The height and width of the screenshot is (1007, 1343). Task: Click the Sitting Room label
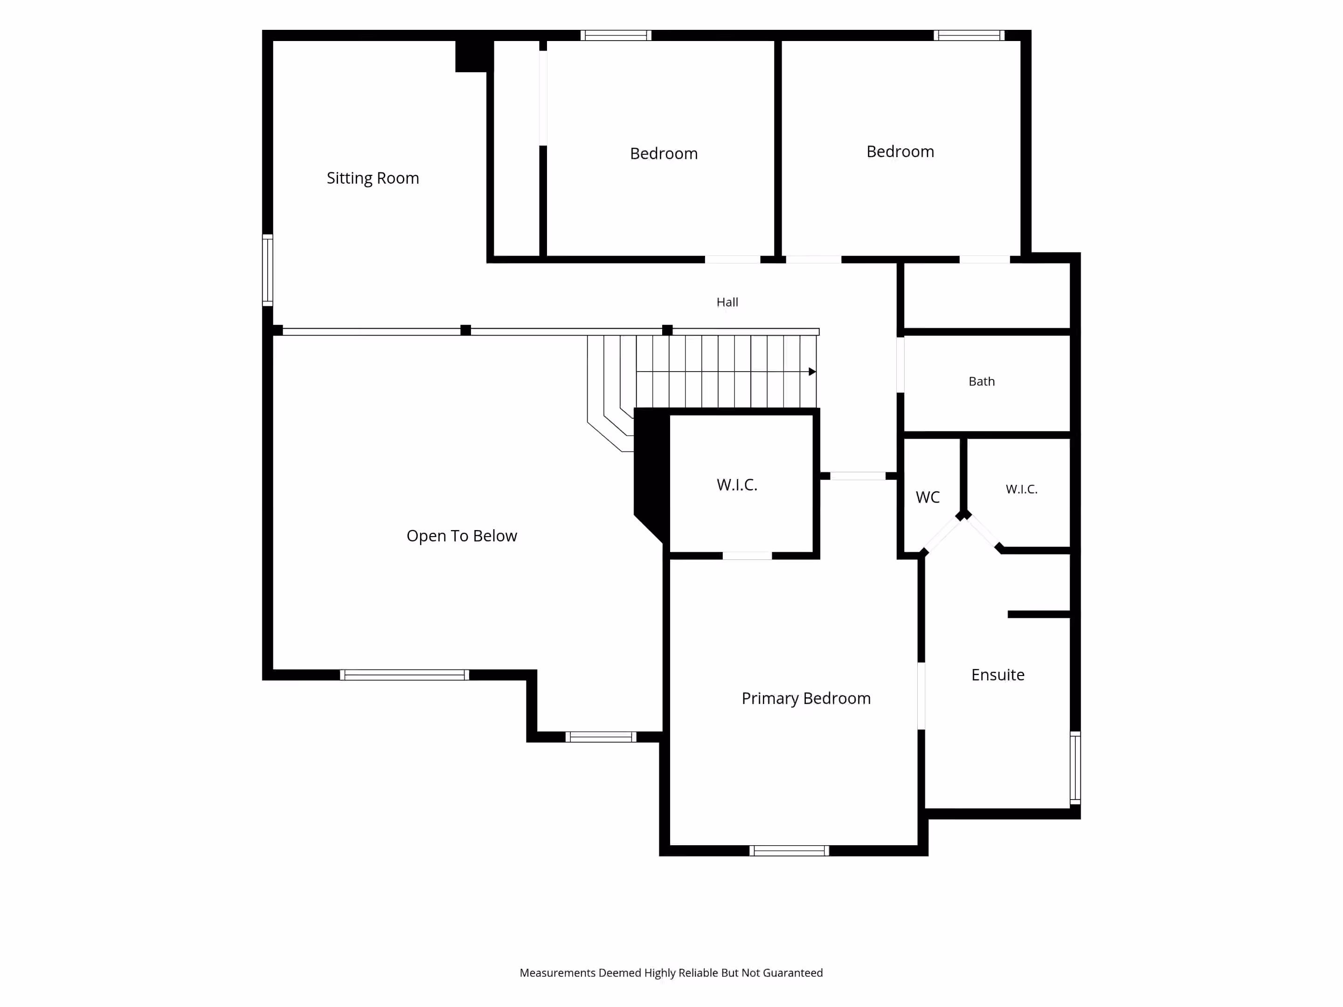point(373,178)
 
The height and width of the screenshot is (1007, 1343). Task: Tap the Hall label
point(727,302)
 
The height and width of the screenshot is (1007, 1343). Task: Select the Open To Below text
point(462,536)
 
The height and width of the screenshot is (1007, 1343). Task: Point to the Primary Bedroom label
point(806,699)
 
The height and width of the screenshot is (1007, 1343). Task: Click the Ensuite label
point(997,675)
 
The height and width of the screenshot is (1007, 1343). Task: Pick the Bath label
point(982,381)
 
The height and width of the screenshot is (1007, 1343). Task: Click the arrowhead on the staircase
point(812,372)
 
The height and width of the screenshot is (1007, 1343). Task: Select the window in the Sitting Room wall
point(267,270)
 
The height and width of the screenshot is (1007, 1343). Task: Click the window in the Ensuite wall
point(1075,768)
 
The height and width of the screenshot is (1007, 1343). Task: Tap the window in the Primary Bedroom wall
point(789,851)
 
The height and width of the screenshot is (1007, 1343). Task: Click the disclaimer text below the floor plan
point(671,973)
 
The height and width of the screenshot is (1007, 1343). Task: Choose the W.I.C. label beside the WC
point(1022,489)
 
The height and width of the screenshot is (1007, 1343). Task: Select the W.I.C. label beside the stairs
point(737,485)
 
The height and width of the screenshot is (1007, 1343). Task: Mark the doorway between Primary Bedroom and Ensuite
point(921,696)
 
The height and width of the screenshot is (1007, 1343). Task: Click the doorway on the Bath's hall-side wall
point(900,365)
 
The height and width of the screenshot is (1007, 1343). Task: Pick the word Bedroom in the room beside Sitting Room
point(664,153)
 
